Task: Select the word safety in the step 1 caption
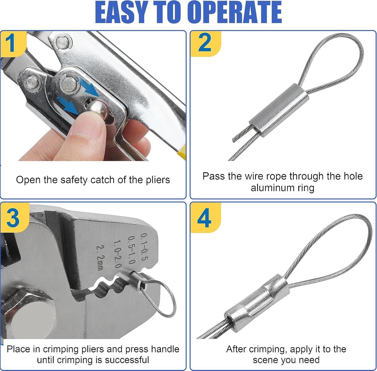click(x=74, y=180)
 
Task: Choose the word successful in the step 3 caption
click(x=127, y=360)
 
